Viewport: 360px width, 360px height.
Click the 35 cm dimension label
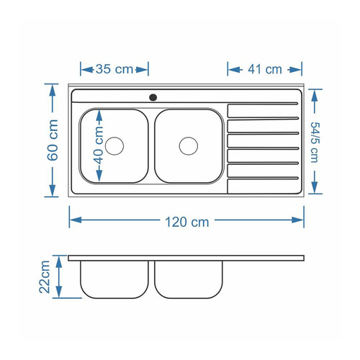[114, 69]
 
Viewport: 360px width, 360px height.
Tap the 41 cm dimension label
[265, 69]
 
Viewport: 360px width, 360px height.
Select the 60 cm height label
[53, 140]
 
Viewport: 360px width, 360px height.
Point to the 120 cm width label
[187, 222]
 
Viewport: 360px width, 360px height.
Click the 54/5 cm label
[315, 143]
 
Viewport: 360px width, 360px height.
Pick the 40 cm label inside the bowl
[99, 145]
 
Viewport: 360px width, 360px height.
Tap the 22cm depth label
[45, 277]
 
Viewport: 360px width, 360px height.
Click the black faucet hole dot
[153, 97]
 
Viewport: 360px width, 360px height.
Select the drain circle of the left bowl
[114, 146]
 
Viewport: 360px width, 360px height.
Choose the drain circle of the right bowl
[189, 146]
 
